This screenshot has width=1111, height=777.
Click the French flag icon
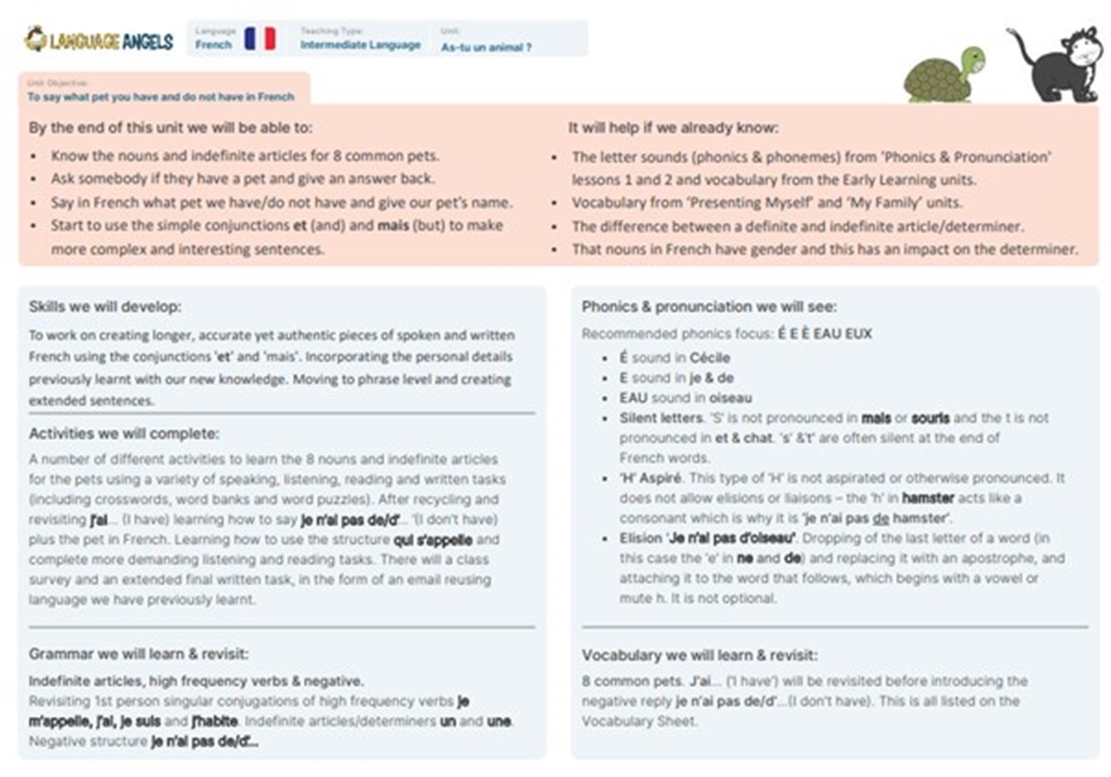260,39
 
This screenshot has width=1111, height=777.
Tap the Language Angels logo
99,40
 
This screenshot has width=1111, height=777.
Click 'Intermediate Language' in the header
360,45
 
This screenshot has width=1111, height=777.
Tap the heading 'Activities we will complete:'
123,433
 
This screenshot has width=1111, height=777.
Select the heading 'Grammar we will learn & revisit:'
139,654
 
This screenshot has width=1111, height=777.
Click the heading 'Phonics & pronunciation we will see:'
710,306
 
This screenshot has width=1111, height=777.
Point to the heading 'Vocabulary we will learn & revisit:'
699,655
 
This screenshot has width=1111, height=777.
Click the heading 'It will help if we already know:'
673,128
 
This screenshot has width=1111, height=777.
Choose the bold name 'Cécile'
710,358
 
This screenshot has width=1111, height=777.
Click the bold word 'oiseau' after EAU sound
731,398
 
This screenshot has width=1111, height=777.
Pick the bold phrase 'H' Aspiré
651,478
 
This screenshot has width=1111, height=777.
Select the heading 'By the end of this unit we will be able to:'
170,128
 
